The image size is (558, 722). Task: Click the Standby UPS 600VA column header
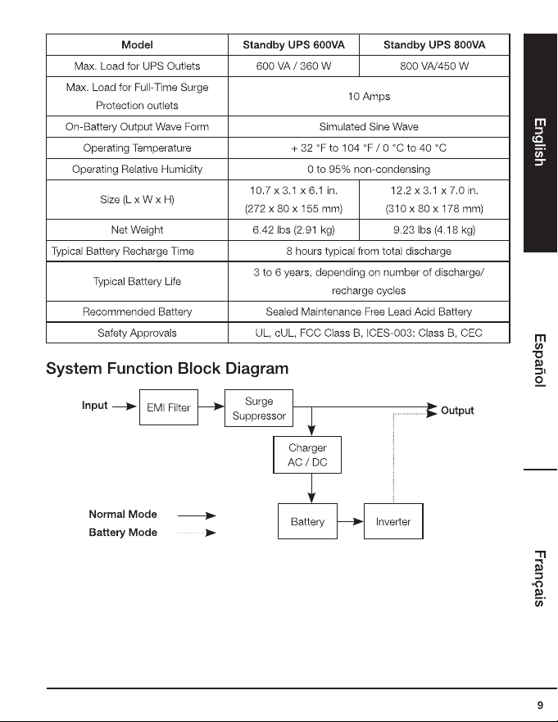click(x=293, y=45)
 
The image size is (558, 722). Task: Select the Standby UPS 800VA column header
click(x=434, y=45)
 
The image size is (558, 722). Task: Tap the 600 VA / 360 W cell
click(x=293, y=66)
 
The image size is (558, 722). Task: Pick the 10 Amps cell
click(x=369, y=96)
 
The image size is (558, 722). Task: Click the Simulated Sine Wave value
click(x=369, y=127)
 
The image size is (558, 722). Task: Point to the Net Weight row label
click(x=137, y=229)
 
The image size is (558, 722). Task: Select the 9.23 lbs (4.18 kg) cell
click(x=434, y=229)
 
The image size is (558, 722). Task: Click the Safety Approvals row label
click(x=137, y=333)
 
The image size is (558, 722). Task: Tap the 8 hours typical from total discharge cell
click(x=369, y=251)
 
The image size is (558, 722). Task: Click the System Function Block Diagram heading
click(x=167, y=368)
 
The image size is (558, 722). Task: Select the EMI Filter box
click(x=169, y=407)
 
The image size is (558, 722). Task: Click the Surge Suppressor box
click(x=259, y=408)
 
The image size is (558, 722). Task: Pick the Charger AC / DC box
click(x=307, y=455)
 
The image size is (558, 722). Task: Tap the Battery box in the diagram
click(x=307, y=521)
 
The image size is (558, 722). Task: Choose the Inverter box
click(x=393, y=521)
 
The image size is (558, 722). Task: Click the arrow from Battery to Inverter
click(x=351, y=522)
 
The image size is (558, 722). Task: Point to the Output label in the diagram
click(x=457, y=411)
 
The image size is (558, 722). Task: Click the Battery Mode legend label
click(x=123, y=533)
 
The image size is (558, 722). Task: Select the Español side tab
click(x=540, y=361)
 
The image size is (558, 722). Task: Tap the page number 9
click(x=540, y=705)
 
